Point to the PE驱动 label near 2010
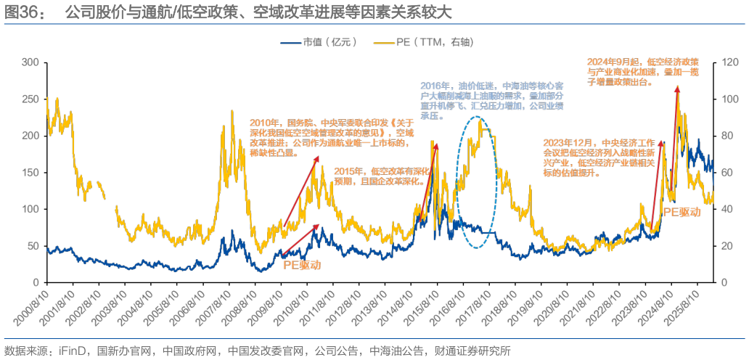(x=301, y=266)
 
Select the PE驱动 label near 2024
(x=682, y=211)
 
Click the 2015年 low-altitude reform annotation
(x=382, y=176)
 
